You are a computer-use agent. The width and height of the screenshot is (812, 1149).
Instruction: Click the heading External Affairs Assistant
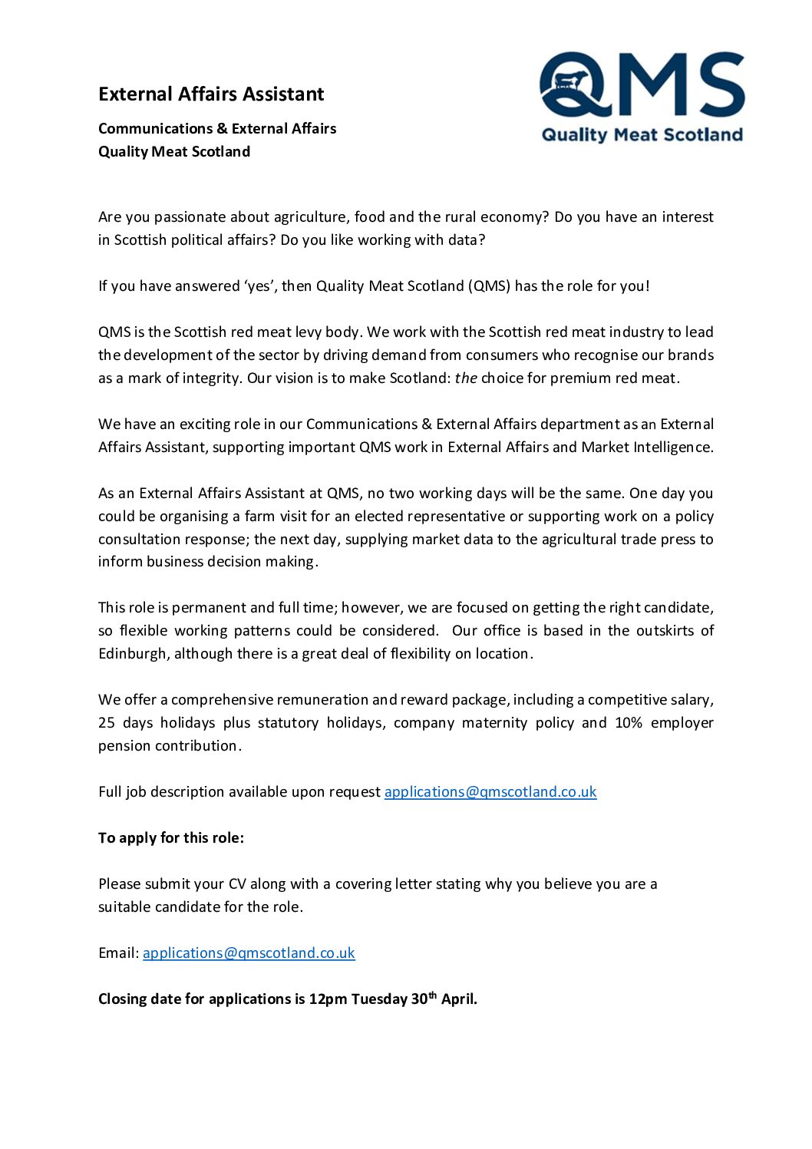click(x=211, y=94)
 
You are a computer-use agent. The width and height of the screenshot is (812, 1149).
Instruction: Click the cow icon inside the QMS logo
click(x=569, y=81)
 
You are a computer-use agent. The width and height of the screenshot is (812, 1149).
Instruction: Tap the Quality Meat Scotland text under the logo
click(x=642, y=135)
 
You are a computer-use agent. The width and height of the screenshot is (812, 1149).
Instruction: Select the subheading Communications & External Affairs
click(x=217, y=128)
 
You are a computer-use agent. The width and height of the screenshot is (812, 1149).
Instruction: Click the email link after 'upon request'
click(x=490, y=791)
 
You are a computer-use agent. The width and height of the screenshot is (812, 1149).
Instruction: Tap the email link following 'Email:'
click(x=249, y=953)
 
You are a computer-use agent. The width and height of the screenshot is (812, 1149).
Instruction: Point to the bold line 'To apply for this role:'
click(x=171, y=837)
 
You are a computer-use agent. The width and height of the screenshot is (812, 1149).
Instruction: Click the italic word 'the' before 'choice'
click(x=466, y=378)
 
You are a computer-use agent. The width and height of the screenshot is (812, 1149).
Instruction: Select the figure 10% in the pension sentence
click(x=629, y=722)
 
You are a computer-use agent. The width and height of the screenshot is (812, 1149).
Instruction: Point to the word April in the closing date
click(x=458, y=999)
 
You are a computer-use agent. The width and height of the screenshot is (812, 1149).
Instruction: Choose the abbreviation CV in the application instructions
click(x=237, y=883)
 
